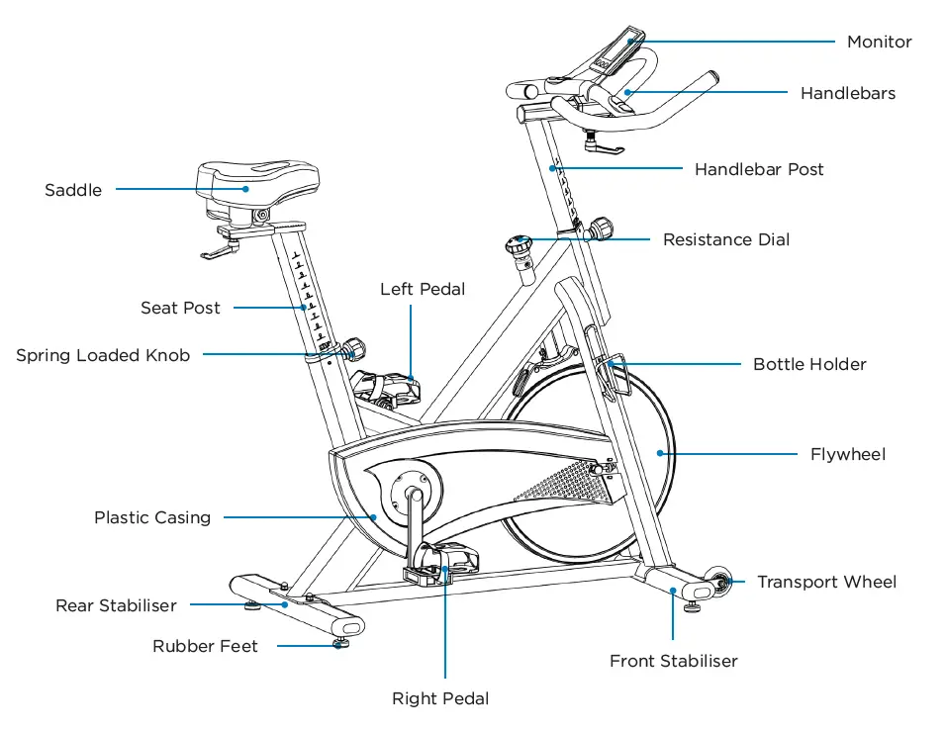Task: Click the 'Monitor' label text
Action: click(879, 42)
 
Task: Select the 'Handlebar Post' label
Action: click(758, 169)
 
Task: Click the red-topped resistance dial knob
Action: click(520, 241)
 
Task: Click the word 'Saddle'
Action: click(73, 190)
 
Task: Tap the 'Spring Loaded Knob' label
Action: click(103, 355)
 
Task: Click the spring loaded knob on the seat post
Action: click(353, 348)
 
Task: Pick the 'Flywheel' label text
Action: click(847, 454)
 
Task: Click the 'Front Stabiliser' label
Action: click(673, 661)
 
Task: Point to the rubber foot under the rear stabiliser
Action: click(341, 643)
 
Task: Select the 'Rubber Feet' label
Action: click(205, 646)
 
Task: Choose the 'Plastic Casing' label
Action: click(152, 517)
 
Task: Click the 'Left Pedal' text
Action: click(423, 289)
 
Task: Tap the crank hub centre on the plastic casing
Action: click(413, 492)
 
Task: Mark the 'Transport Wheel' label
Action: click(826, 582)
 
